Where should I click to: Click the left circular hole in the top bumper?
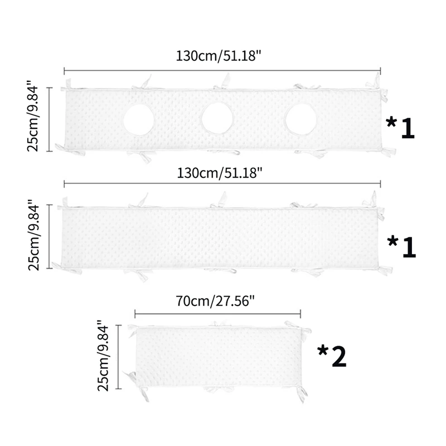139,120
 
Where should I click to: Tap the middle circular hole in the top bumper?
217,118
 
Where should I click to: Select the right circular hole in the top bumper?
300,119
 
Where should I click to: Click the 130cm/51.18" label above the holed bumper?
219,56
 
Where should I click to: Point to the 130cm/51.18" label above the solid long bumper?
220,173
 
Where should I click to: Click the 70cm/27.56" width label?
215,301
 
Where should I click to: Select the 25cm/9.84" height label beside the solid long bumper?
34,234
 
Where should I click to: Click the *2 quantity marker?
332,356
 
